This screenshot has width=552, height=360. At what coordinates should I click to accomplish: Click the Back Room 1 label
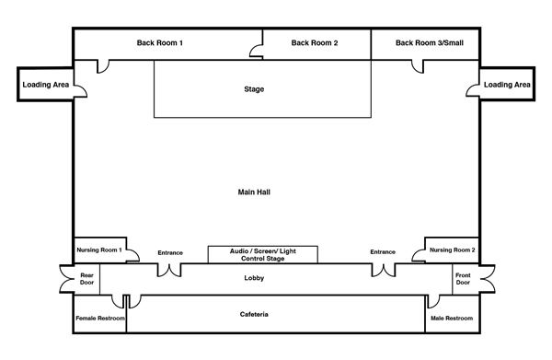(x=159, y=43)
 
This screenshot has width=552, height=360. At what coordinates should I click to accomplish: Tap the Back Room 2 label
(x=315, y=43)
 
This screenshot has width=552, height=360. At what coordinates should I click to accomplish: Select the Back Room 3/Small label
(x=430, y=43)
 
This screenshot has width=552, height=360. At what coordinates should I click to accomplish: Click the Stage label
(x=254, y=89)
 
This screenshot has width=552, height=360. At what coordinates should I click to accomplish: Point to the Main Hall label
(x=254, y=192)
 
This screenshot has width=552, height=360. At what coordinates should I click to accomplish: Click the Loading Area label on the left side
(x=46, y=85)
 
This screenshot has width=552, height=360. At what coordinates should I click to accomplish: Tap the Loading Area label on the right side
(x=507, y=85)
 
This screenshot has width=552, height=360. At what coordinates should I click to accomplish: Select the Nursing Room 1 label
(x=99, y=250)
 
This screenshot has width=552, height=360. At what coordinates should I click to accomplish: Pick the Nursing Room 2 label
(x=452, y=250)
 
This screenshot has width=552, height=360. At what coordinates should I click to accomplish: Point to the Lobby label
(x=254, y=278)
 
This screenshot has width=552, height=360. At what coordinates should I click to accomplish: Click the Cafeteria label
(x=254, y=314)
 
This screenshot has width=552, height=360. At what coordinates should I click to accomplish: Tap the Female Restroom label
(x=100, y=318)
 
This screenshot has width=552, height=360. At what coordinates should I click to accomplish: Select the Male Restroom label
(x=452, y=318)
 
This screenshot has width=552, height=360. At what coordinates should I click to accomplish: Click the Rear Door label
(x=86, y=279)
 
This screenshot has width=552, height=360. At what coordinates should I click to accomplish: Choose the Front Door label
(x=463, y=279)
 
